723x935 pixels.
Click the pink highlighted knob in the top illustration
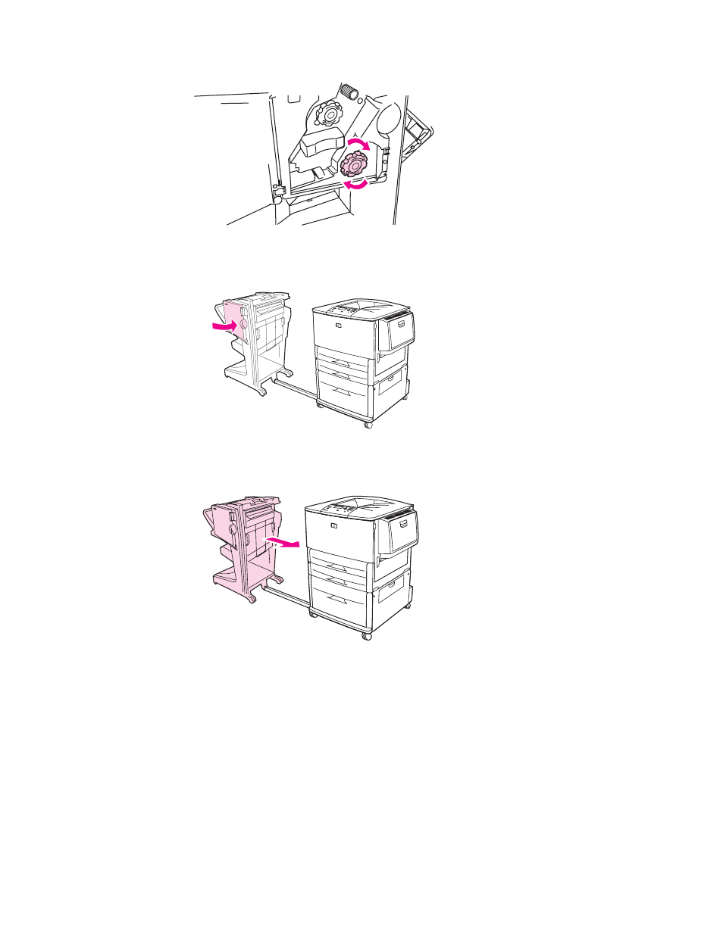354,163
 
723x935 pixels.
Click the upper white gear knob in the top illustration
328,114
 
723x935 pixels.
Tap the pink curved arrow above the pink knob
359,143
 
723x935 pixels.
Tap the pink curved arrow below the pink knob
355,182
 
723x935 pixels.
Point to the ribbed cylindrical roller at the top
349,92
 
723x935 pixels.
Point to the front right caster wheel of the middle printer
368,425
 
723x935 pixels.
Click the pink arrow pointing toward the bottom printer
283,543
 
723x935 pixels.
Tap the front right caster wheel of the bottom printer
367,637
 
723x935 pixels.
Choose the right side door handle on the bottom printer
408,524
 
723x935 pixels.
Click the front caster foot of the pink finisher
250,599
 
